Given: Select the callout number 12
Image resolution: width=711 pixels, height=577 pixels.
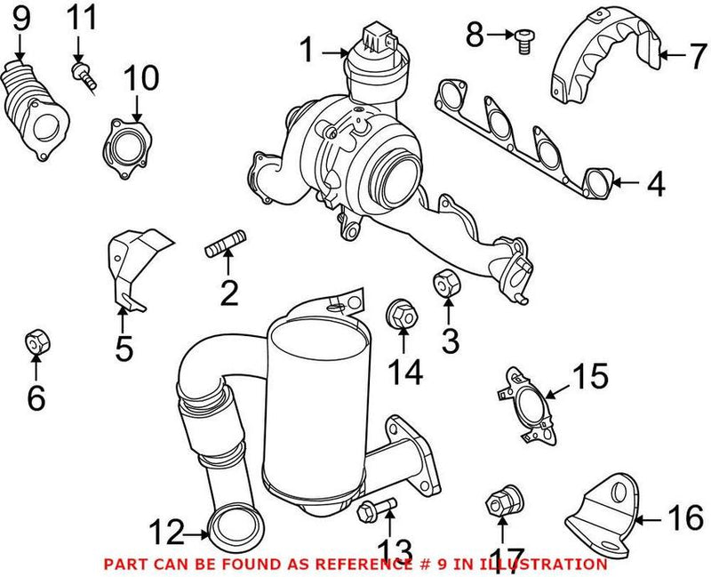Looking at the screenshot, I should pyautogui.click(x=167, y=533).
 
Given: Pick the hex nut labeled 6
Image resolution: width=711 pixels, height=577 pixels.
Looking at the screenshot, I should pyautogui.click(x=36, y=340).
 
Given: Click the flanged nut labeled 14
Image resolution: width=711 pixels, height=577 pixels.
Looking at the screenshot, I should pyautogui.click(x=402, y=314).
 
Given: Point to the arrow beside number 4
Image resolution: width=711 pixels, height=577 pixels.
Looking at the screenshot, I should pyautogui.click(x=626, y=185).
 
